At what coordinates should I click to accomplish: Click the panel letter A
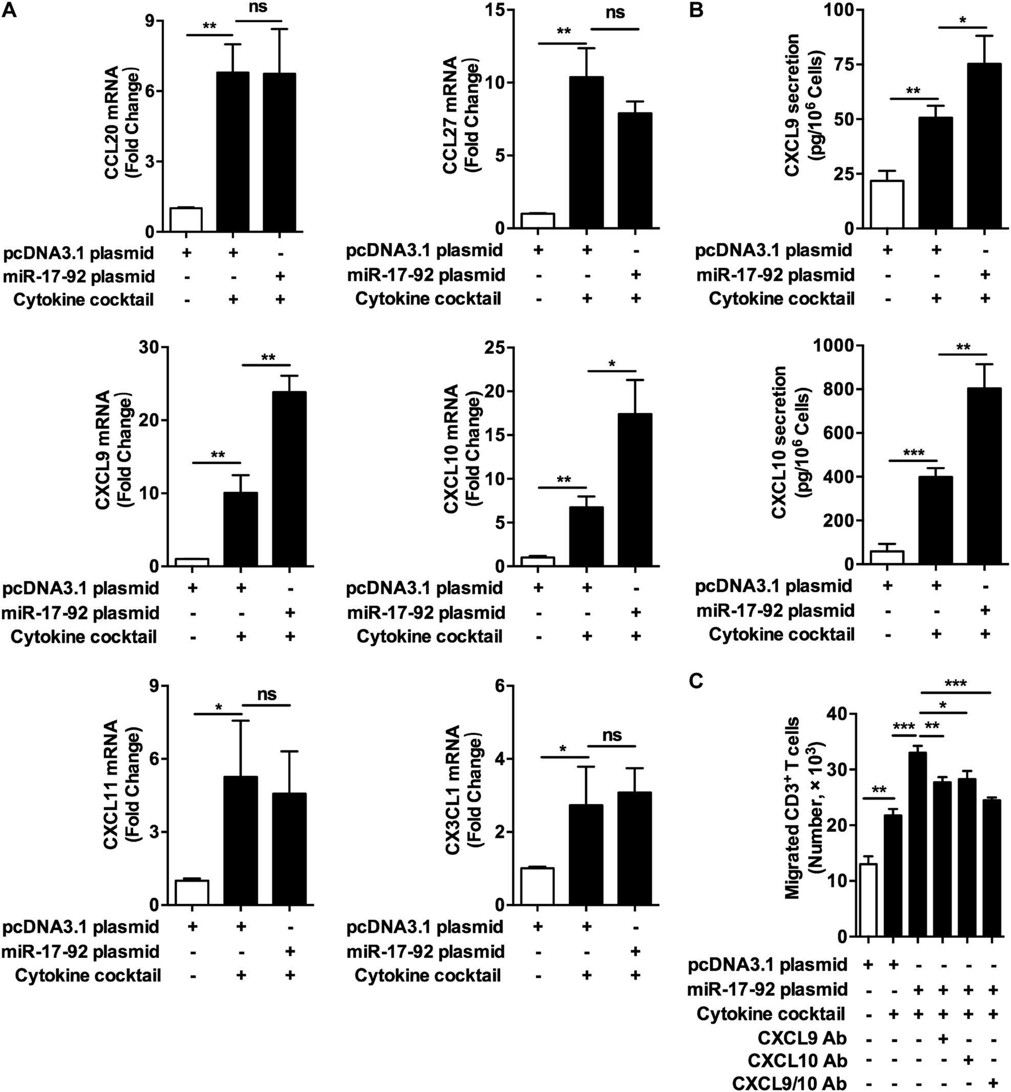9,10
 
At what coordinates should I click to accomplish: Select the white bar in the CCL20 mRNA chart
186,220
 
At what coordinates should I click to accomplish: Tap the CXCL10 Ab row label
797,1060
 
